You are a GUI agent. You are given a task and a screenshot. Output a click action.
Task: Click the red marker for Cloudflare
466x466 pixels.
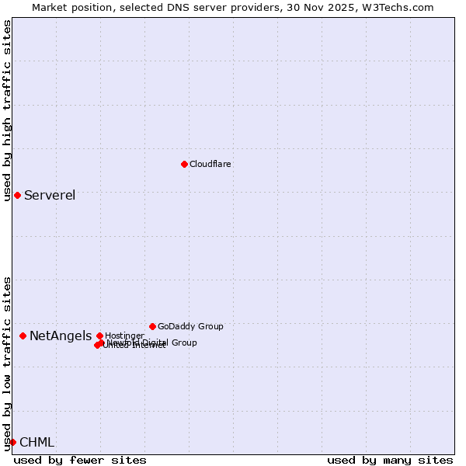(184, 164)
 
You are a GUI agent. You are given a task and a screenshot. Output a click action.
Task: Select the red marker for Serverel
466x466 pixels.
(17, 195)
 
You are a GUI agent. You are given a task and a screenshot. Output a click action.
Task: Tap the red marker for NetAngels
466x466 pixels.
(23, 336)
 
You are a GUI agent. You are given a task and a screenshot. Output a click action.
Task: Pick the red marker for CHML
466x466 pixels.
(12, 442)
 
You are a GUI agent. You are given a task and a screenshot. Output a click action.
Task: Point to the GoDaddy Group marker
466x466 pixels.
(152, 326)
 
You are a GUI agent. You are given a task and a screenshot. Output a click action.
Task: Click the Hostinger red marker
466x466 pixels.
(99, 336)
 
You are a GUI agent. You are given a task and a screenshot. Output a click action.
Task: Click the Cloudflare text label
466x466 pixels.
(210, 165)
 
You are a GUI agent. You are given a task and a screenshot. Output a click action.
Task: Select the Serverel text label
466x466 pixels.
(50, 195)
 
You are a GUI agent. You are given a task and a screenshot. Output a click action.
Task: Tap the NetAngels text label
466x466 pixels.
(61, 336)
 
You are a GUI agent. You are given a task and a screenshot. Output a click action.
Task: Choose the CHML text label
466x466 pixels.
(37, 443)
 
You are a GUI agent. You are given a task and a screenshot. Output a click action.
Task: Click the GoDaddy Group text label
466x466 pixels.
(190, 327)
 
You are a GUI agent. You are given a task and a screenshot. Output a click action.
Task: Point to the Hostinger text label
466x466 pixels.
(124, 336)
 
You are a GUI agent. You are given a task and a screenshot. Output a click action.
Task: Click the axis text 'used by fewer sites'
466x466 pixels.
(80, 460)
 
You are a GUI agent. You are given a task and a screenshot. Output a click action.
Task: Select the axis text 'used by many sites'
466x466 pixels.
(390, 460)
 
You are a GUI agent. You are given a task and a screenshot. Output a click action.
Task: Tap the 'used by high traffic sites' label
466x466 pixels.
(8, 111)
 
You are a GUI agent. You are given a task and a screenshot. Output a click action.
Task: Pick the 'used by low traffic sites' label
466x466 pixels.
(8, 363)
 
